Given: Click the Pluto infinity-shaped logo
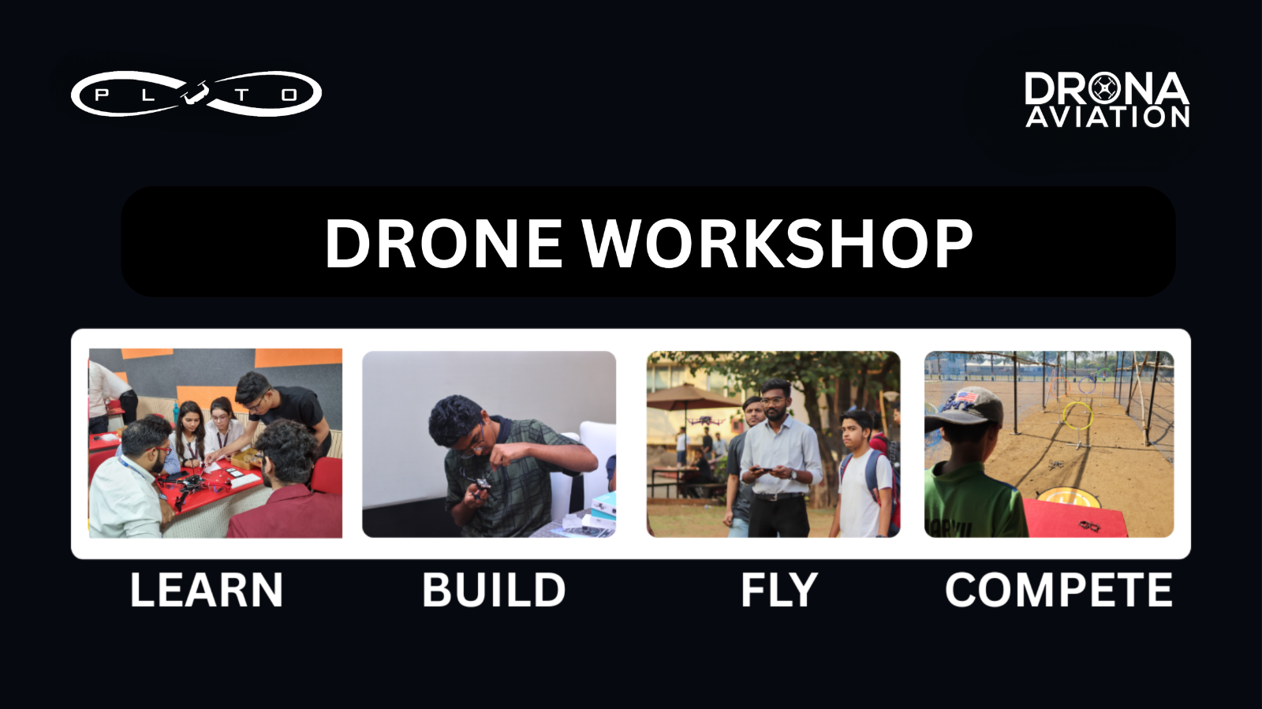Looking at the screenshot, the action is click(x=196, y=94).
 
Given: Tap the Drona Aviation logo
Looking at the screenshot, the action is click(x=1107, y=99).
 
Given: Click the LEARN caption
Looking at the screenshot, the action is click(x=206, y=590).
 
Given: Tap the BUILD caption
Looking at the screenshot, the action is click(x=494, y=590).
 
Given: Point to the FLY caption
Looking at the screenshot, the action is click(x=779, y=590).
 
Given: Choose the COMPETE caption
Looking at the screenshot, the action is click(x=1059, y=590).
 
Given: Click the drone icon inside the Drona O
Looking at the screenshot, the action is click(x=1104, y=88).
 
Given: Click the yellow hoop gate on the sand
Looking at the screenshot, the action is click(x=1077, y=416).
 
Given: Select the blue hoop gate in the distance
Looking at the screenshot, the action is click(x=1087, y=386).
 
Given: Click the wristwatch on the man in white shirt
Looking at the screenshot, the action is click(x=793, y=474).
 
